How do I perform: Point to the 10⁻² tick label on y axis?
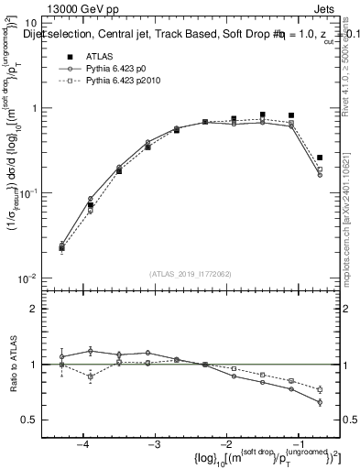pos(27,278)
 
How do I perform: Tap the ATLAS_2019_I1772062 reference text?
pos(190,274)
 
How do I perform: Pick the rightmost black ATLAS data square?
pos(320,158)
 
